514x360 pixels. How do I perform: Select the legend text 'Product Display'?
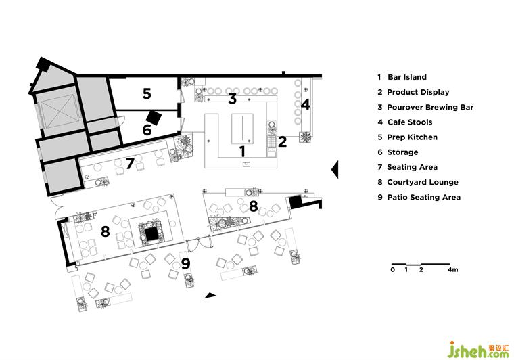click(418, 93)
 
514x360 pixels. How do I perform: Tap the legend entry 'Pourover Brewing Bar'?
click(430, 108)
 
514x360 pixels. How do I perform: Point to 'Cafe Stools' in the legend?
click(409, 122)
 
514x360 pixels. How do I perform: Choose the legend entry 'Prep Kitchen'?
click(412, 137)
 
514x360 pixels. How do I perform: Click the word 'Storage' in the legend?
click(402, 152)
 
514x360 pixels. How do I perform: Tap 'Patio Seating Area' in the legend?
click(423, 197)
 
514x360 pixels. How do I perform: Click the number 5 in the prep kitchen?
click(147, 94)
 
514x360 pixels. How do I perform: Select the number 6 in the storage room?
click(146, 127)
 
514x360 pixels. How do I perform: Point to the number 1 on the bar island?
click(242, 150)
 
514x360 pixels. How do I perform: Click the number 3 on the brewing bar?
click(231, 99)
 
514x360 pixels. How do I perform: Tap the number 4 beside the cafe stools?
click(306, 105)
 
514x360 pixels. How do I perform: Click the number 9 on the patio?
click(185, 262)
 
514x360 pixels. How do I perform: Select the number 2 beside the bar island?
click(283, 141)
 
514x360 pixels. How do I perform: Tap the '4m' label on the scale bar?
click(452, 270)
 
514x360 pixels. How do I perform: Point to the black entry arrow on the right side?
click(334, 169)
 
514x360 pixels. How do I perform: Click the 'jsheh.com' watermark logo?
click(476, 349)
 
